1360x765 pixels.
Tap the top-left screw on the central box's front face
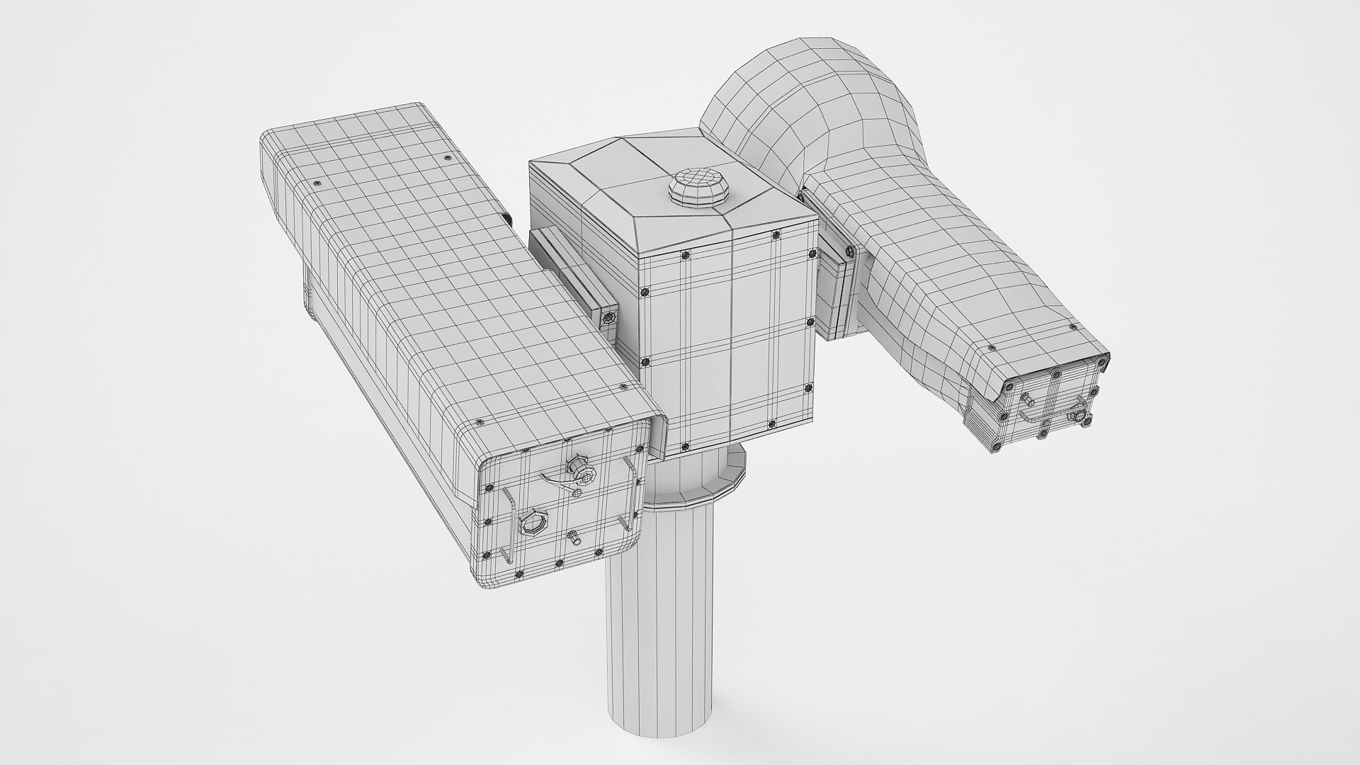click(644, 292)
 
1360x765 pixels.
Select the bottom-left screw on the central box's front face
click(684, 446)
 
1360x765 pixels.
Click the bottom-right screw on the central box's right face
click(808, 389)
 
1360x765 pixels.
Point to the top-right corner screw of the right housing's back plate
click(1101, 362)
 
